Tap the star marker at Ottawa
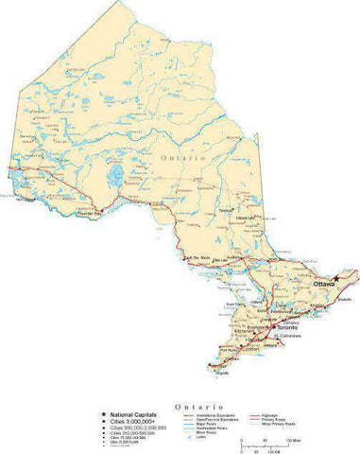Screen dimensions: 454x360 click(338, 278)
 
